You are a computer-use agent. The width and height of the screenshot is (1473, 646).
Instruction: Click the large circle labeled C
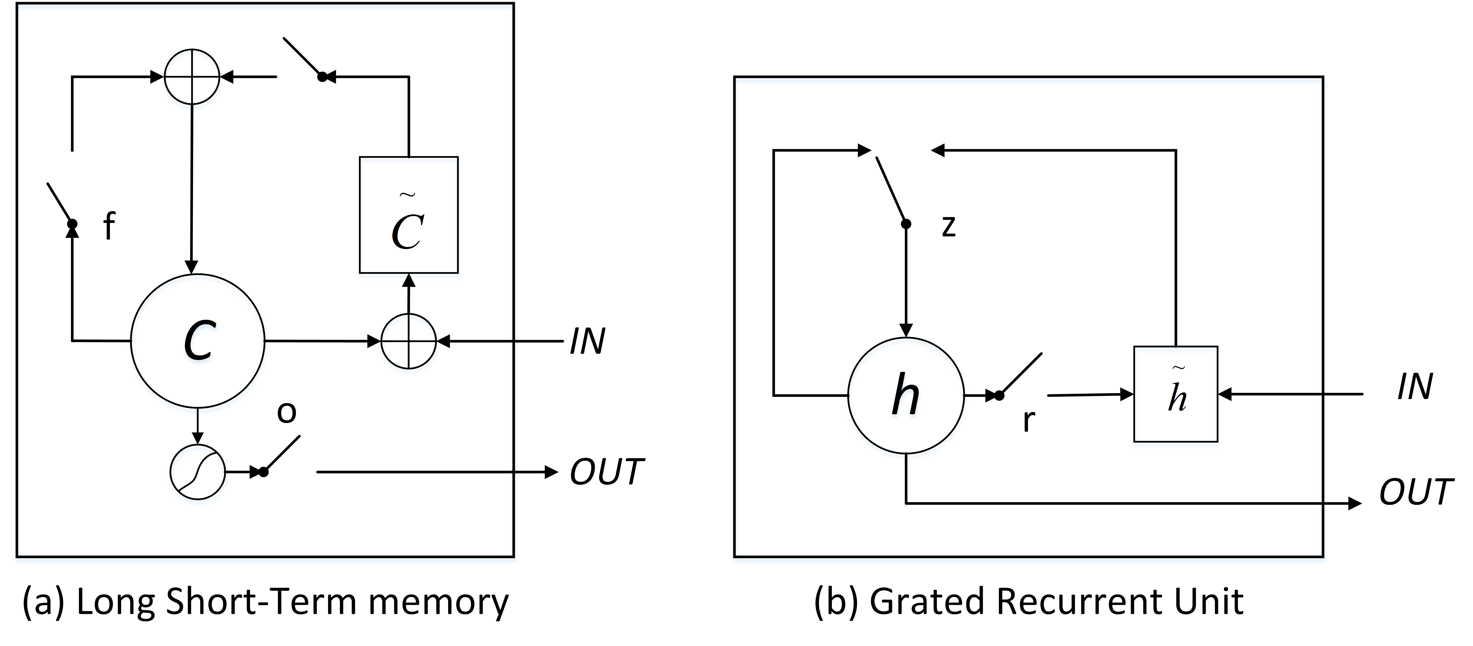pos(198,341)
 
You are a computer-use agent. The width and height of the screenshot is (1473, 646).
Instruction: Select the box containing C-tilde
pos(408,215)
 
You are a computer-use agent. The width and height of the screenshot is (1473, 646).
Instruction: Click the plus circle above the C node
pos(192,77)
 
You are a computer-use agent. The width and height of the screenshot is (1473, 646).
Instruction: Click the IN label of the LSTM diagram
pos(587,342)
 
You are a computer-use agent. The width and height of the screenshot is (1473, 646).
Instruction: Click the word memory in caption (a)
pos(438,602)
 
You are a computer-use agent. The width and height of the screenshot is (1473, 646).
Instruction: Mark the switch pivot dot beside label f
pos(72,224)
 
